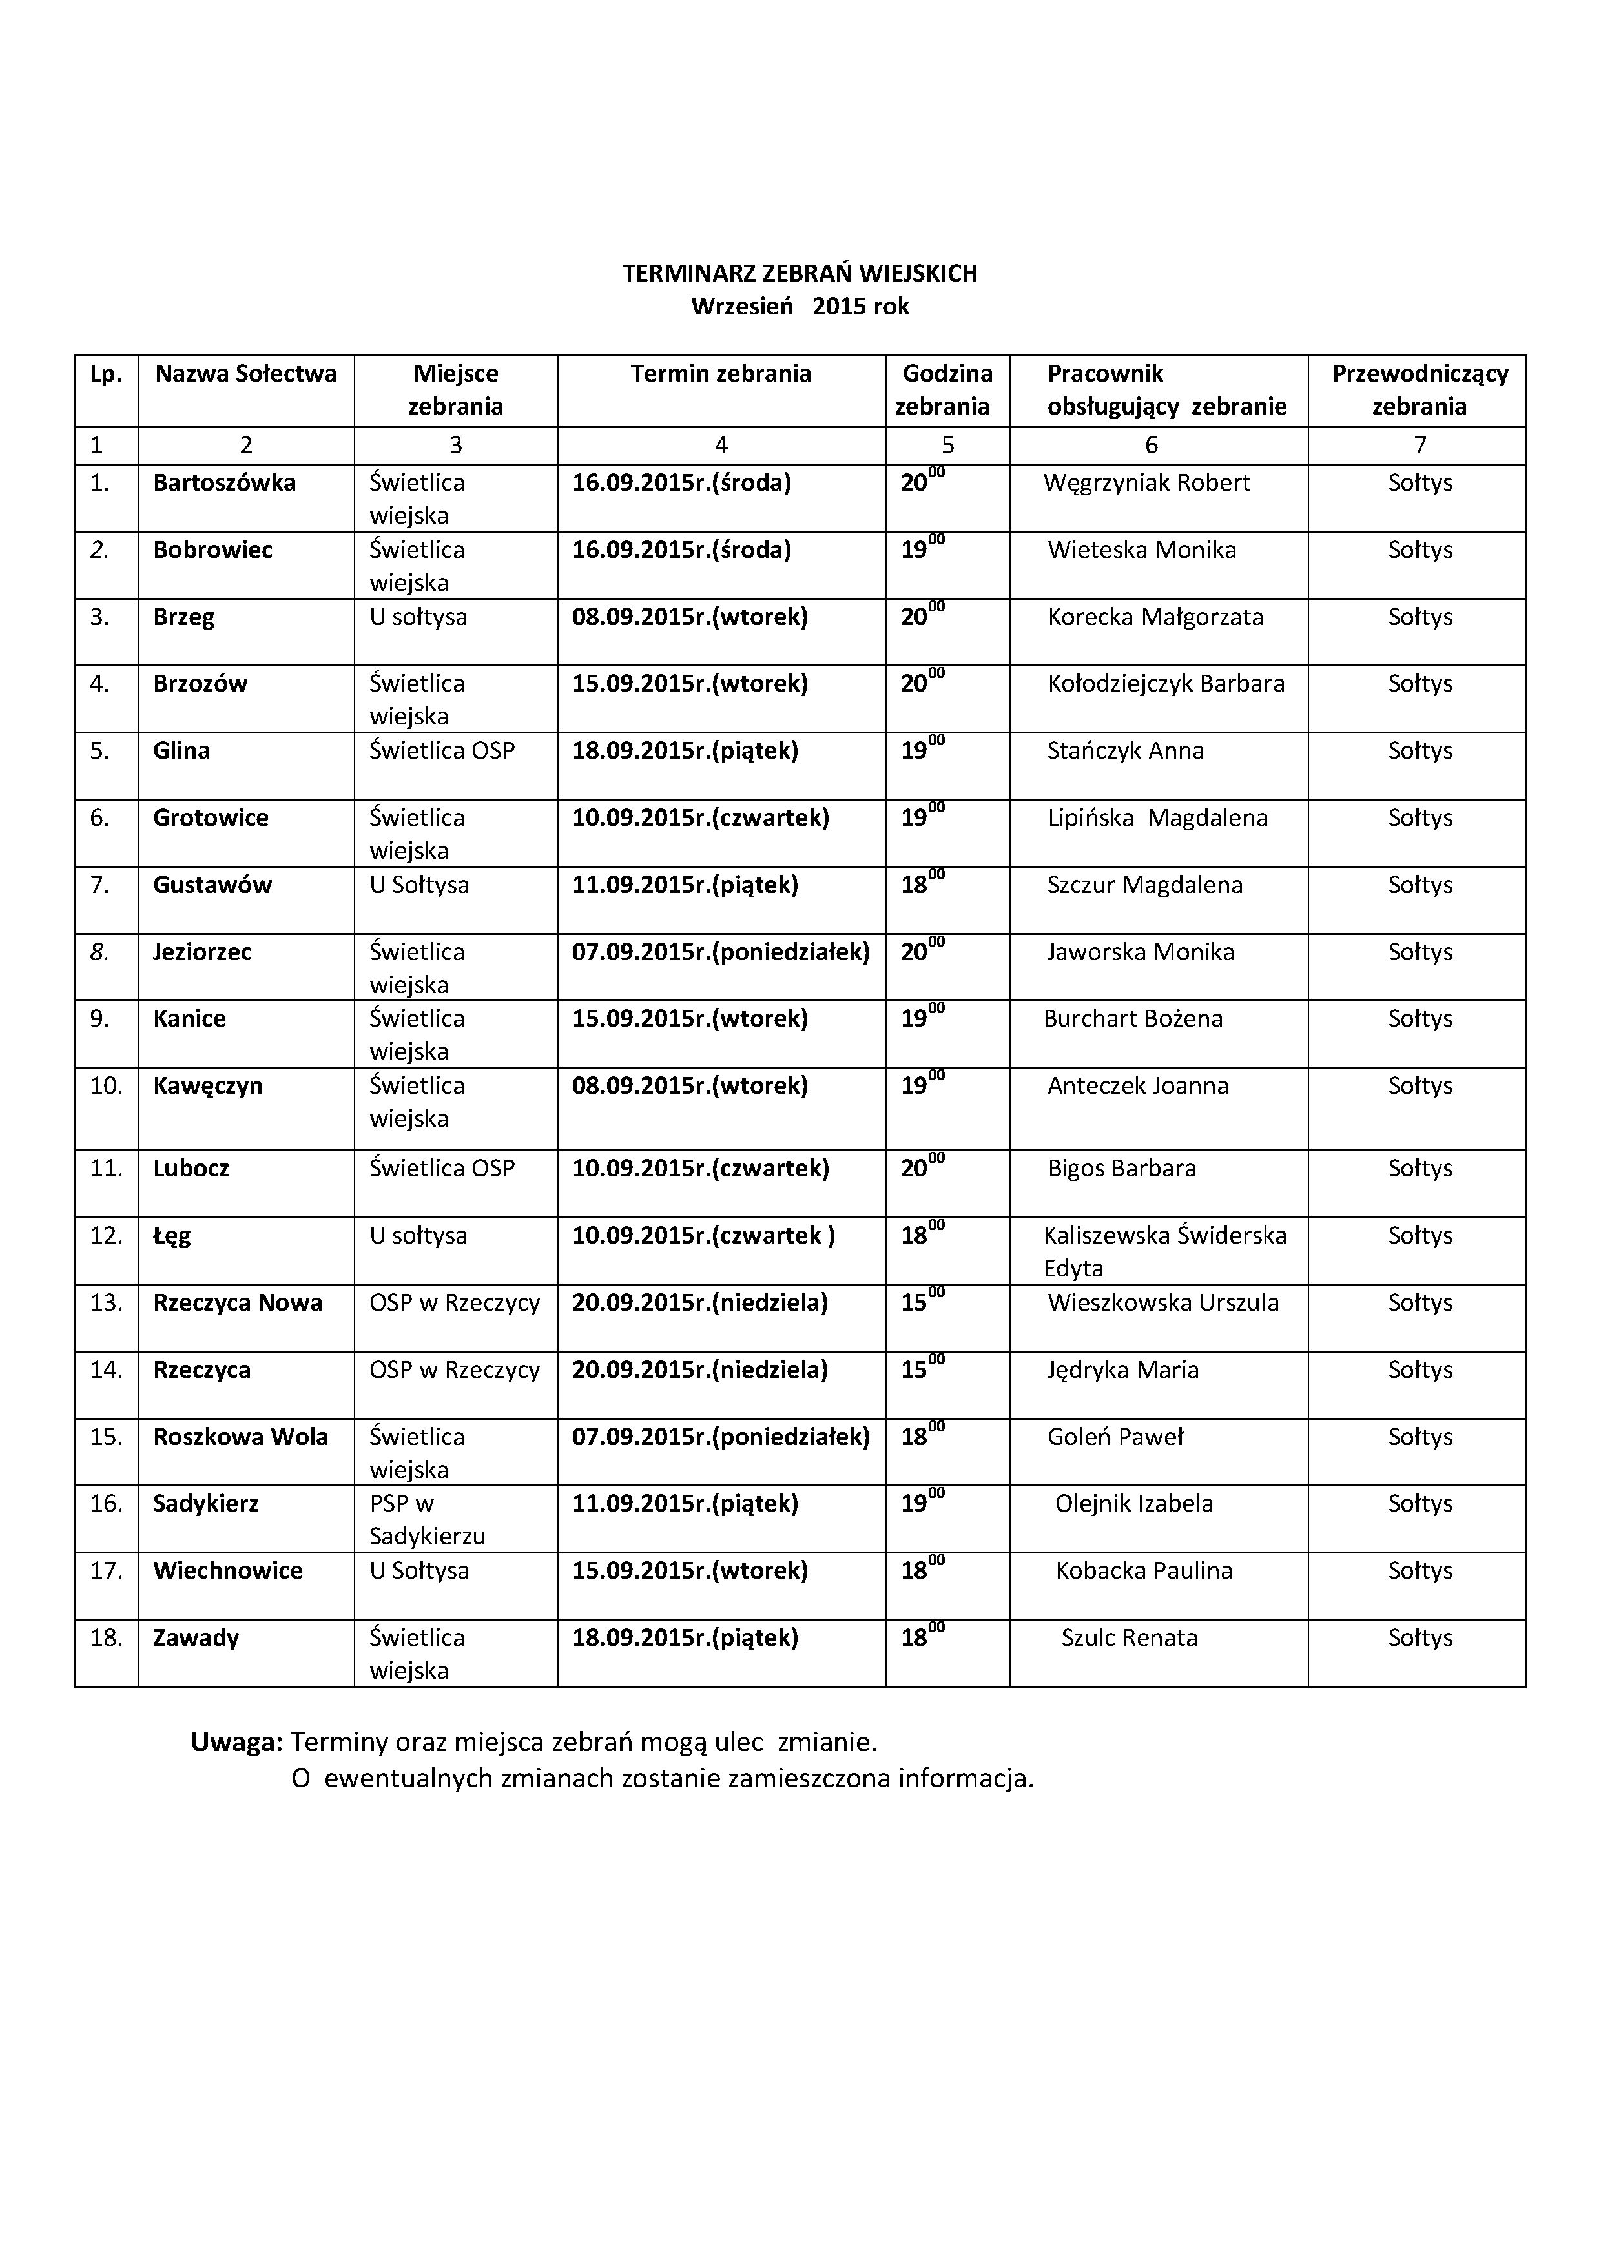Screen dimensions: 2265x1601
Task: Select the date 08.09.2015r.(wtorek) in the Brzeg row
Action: pyautogui.click(x=690, y=617)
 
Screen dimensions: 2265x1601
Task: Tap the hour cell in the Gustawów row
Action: pyautogui.click(x=922, y=884)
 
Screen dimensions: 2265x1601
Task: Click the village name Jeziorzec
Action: pyautogui.click(x=202, y=952)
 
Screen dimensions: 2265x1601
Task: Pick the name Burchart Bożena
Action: pyautogui.click(x=1132, y=1019)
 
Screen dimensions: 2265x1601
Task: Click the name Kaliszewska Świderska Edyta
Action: pyautogui.click(x=1164, y=1251)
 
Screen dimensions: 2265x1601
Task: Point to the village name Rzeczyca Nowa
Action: pyautogui.click(x=238, y=1303)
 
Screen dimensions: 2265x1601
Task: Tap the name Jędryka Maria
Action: pyautogui.click(x=1122, y=1370)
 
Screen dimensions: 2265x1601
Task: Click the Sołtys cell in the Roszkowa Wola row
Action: pyautogui.click(x=1420, y=1437)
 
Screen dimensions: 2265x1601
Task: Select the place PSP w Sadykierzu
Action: pyautogui.click(x=427, y=1520)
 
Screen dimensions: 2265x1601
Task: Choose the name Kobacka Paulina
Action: pyautogui.click(x=1143, y=1570)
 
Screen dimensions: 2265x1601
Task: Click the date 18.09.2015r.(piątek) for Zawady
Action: pyautogui.click(x=685, y=1637)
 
